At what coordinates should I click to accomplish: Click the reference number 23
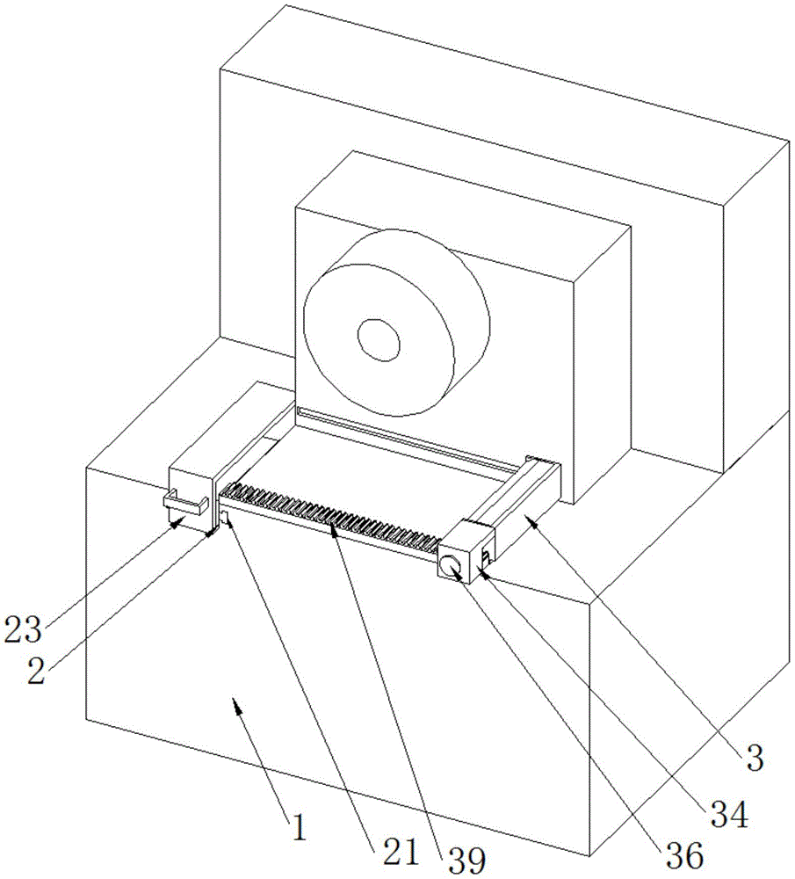tap(24, 628)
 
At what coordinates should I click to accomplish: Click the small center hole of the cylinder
tap(378, 338)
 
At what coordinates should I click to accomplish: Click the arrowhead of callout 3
tap(530, 519)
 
